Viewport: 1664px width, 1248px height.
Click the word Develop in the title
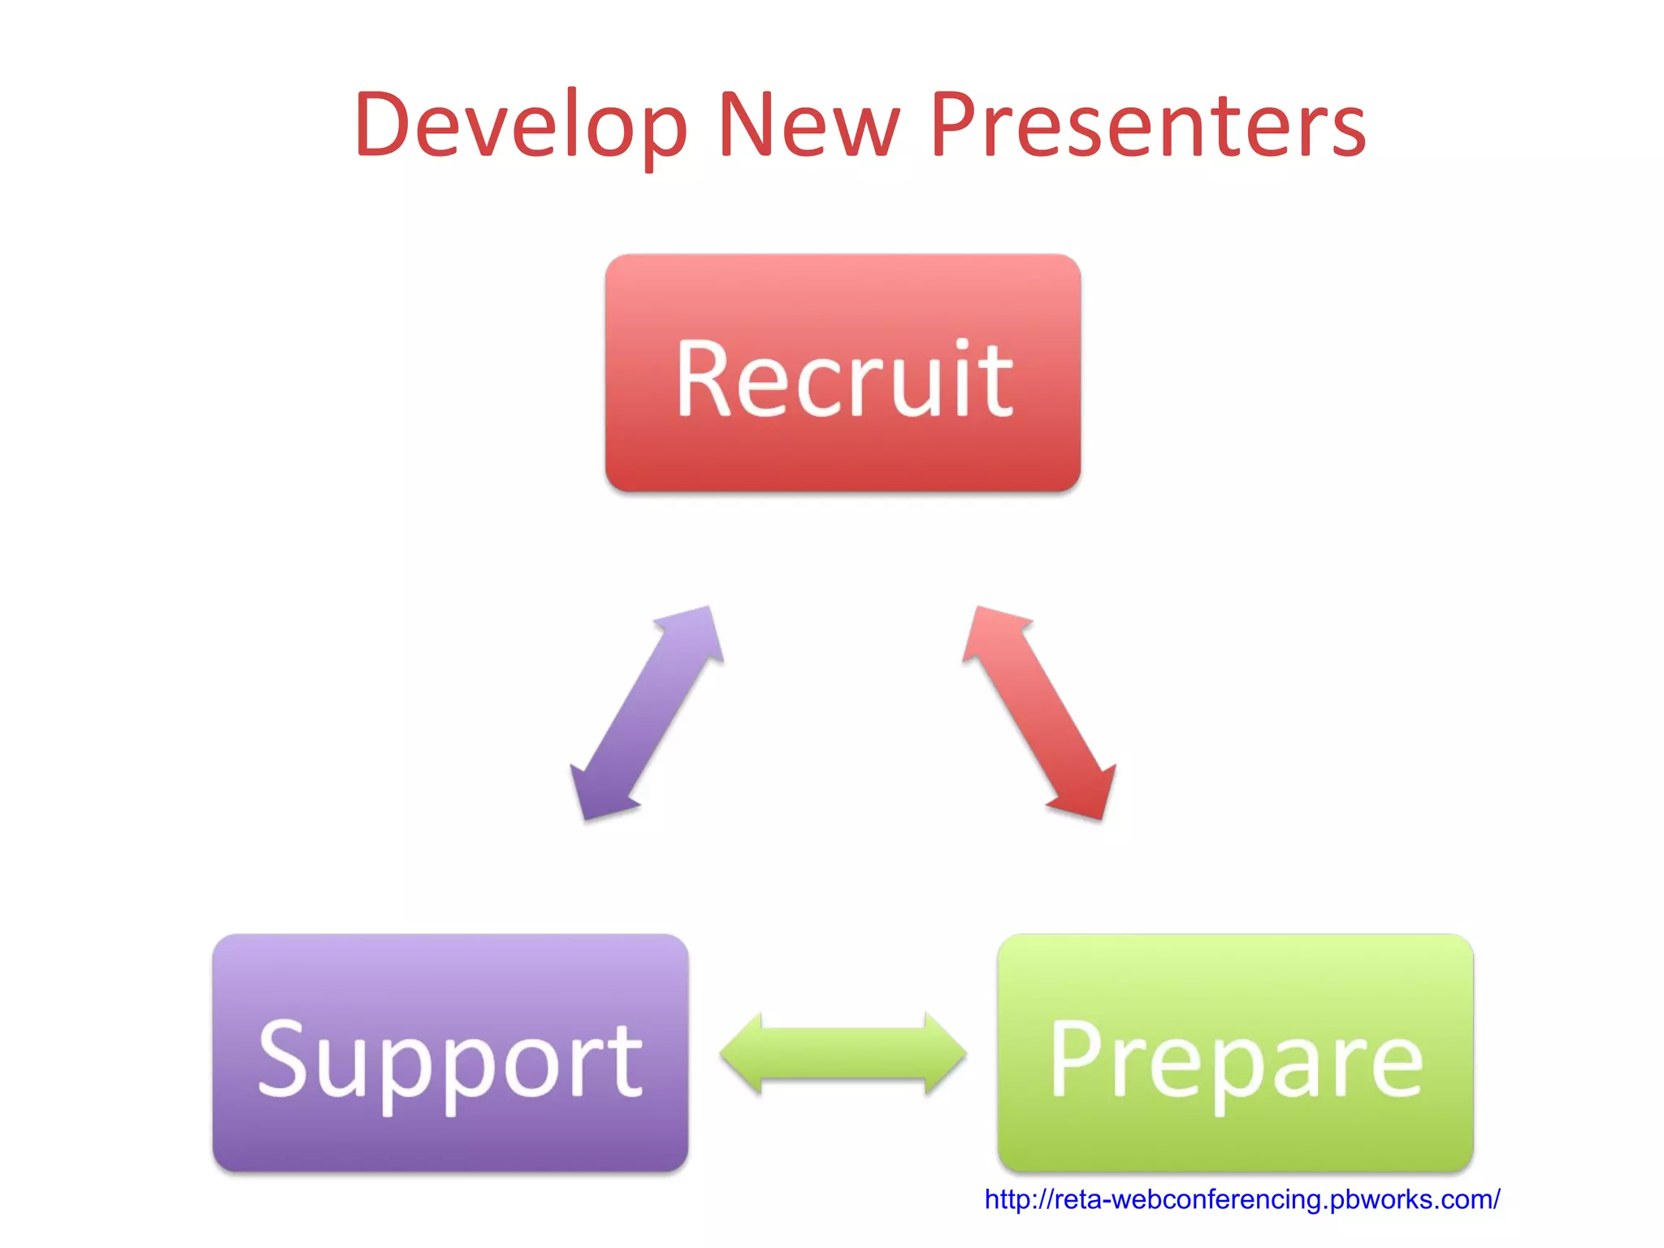coord(520,126)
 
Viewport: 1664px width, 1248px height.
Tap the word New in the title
coord(809,126)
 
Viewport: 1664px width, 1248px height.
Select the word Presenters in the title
coord(1147,126)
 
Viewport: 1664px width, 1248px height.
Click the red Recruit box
coord(843,373)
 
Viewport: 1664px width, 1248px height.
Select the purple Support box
coord(450,1053)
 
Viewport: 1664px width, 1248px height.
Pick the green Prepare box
coord(1235,1053)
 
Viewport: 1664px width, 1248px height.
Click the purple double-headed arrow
coord(647,713)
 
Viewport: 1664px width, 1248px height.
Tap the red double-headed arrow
coord(1039,713)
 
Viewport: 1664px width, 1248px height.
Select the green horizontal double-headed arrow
coord(843,1054)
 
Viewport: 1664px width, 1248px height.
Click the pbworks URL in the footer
coord(1241,1199)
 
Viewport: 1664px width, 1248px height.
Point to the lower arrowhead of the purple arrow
coord(597,792)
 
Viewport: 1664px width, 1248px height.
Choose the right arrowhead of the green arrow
coord(942,1054)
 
